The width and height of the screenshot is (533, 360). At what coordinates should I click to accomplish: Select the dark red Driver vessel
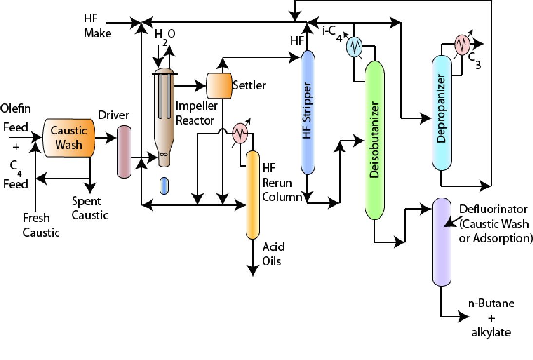point(124,151)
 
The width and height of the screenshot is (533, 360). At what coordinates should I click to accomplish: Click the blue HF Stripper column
point(307,112)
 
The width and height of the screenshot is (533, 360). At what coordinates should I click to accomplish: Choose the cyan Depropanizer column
point(442,113)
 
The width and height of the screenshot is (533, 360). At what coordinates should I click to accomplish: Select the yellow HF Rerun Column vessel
point(252,194)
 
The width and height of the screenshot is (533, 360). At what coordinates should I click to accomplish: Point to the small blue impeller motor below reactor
point(164,186)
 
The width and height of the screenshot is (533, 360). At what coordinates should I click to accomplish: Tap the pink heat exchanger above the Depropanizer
point(461,44)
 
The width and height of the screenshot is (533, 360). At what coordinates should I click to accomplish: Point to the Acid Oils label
point(273,253)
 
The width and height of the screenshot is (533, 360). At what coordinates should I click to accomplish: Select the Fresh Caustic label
point(41,225)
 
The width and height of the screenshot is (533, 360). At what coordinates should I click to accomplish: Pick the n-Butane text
point(491,303)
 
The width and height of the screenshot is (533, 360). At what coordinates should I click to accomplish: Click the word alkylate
point(491,333)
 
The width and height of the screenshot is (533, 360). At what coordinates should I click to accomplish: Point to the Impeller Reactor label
point(194,113)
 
